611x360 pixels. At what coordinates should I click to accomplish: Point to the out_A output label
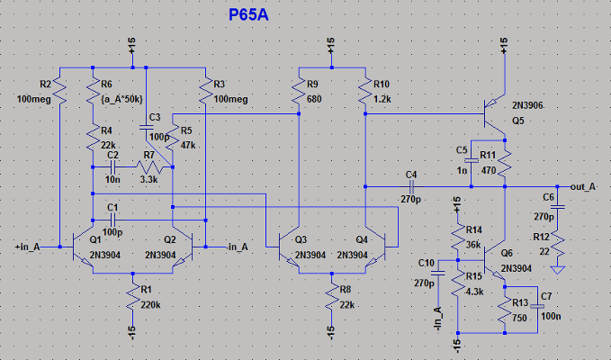click(x=585, y=186)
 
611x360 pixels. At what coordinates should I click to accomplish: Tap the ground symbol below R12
click(x=558, y=267)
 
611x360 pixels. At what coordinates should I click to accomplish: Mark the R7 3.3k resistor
click(x=149, y=168)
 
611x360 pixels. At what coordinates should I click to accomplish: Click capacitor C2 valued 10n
click(x=112, y=167)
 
